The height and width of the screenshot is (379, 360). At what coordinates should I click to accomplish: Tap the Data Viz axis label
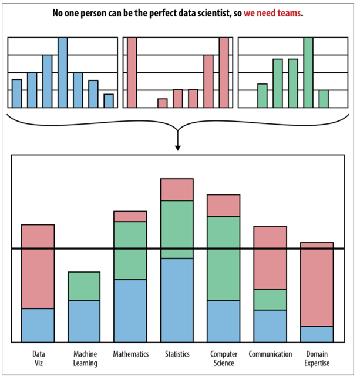[39, 358]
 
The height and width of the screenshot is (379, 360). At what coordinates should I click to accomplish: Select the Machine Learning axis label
[85, 358]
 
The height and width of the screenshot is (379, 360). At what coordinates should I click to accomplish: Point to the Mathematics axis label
[131, 354]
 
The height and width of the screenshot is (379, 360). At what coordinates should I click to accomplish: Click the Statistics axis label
[177, 354]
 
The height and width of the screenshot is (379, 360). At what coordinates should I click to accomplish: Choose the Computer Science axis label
[223, 358]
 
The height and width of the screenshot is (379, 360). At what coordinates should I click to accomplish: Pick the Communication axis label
[270, 354]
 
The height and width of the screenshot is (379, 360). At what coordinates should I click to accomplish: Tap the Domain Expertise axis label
[317, 358]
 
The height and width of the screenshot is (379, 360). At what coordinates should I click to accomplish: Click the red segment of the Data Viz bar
[38, 266]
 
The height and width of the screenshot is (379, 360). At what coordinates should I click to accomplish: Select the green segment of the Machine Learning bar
[84, 286]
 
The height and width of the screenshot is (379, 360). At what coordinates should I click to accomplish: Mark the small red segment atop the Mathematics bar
[130, 216]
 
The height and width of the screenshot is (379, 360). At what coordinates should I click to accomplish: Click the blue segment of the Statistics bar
[177, 300]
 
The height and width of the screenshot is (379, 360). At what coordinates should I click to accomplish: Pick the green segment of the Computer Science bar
[223, 259]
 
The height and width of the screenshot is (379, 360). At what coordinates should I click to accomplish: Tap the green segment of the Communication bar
[270, 299]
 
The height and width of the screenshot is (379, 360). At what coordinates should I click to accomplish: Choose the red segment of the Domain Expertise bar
[317, 284]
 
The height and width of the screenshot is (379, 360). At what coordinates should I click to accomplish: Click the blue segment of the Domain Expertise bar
[317, 334]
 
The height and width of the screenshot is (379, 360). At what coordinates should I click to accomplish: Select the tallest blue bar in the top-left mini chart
[62, 72]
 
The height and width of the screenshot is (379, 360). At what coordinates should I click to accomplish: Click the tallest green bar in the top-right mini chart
[308, 72]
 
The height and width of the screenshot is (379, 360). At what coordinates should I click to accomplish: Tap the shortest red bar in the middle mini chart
[163, 103]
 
